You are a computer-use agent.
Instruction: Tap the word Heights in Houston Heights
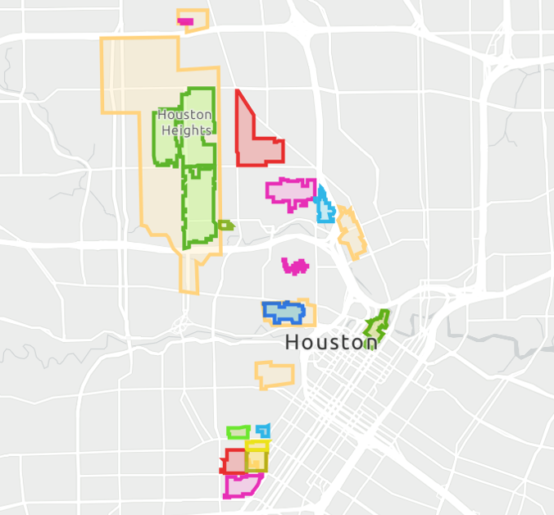click(x=186, y=130)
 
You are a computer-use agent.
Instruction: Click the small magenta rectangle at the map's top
click(x=185, y=21)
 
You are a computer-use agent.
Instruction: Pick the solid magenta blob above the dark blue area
click(x=295, y=266)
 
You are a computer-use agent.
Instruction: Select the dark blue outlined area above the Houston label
click(x=283, y=312)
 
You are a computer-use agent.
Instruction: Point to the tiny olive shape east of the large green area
click(x=225, y=225)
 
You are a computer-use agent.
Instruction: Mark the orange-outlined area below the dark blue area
click(x=275, y=375)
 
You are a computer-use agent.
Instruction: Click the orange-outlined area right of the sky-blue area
click(x=352, y=234)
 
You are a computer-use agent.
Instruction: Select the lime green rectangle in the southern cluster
click(x=238, y=432)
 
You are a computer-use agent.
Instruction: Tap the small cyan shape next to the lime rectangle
click(x=263, y=431)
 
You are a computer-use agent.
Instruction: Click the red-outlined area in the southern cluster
click(x=234, y=461)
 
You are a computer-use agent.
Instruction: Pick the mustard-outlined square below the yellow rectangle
click(x=257, y=463)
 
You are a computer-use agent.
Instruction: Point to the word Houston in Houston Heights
click(x=185, y=115)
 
